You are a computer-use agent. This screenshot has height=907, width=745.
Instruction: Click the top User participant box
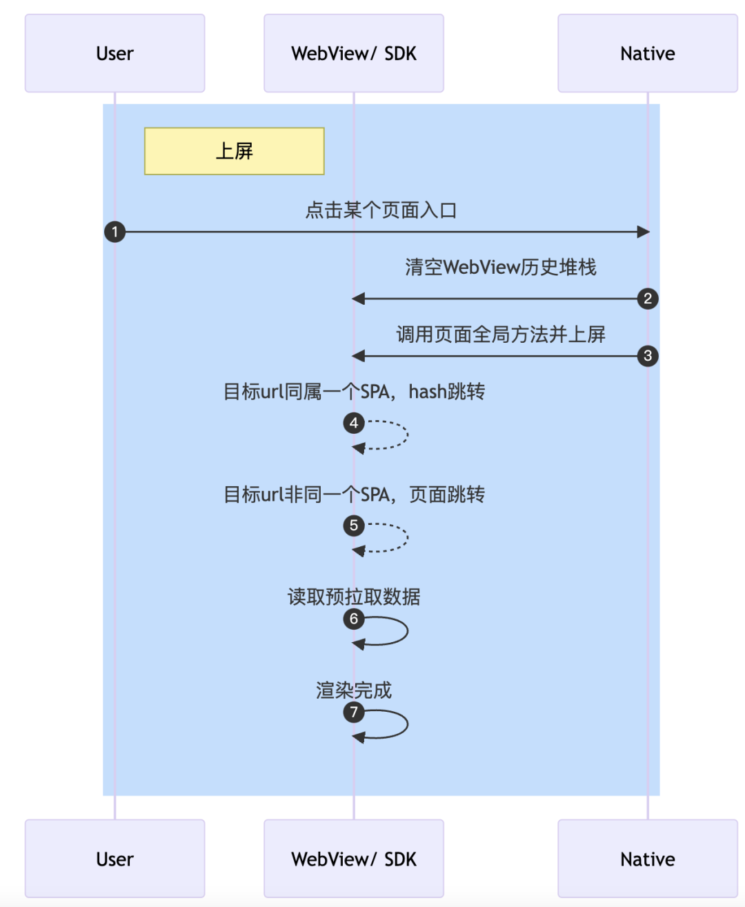pos(115,53)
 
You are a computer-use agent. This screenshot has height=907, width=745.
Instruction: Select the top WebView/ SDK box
pos(353,53)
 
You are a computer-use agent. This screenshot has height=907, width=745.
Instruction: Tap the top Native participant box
pos(647,53)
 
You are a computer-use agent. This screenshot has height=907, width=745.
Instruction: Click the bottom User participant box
pos(115,859)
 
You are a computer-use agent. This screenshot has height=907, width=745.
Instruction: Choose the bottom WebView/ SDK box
pos(353,859)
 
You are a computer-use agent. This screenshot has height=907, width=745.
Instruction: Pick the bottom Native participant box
pos(647,859)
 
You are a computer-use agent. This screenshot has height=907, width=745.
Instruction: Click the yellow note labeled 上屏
pos(234,151)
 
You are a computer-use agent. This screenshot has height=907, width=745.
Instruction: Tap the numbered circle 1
pos(115,232)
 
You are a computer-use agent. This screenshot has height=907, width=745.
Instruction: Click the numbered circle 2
pos(647,299)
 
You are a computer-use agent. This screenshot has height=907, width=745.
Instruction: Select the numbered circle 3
pos(647,356)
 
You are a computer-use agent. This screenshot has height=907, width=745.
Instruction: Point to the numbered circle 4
pos(354,423)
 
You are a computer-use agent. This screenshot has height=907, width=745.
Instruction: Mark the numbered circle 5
pos(354,526)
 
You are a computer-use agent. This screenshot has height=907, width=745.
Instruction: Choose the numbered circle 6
pos(354,619)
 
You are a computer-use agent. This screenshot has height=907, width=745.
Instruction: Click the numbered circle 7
pos(354,712)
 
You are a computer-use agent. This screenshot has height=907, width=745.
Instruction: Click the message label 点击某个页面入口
pos(381,210)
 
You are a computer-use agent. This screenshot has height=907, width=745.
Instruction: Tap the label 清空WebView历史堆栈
pos(500,267)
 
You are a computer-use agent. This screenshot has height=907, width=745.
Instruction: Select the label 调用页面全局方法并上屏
pos(500,335)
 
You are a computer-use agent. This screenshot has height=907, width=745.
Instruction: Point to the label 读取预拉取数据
pos(354,597)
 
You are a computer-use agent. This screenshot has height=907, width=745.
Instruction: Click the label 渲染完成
pos(354,690)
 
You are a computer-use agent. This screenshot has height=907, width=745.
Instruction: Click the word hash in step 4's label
pos(427,392)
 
